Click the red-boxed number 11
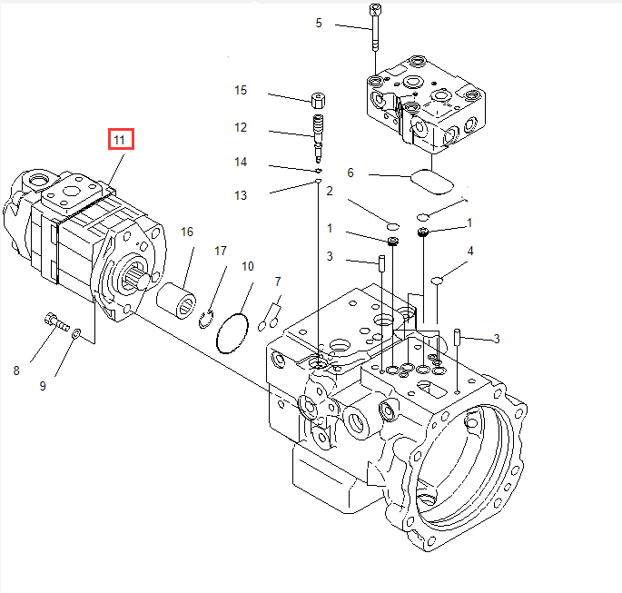pos(120,140)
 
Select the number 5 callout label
pos(318,23)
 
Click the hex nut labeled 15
pos(318,99)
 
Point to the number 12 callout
pos(241,128)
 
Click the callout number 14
pos(241,162)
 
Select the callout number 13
pos(241,195)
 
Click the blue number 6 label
pos(350,173)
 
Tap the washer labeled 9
pos(76,333)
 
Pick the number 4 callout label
pos(469,251)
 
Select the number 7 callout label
pos(278,282)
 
